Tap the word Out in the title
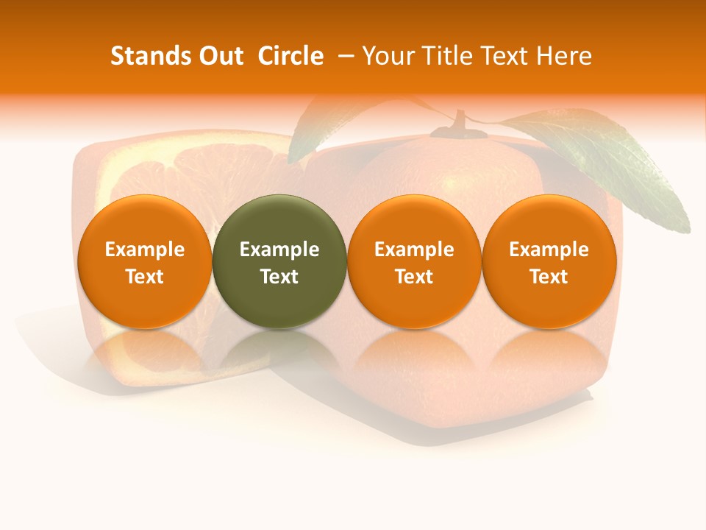pyautogui.click(x=219, y=56)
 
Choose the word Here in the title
pyautogui.click(x=563, y=56)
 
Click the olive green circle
pyautogui.click(x=279, y=261)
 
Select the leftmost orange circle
pyautogui.click(x=144, y=261)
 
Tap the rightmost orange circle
pyautogui.click(x=549, y=261)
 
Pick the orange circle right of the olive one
pyautogui.click(x=414, y=261)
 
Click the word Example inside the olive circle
pyautogui.click(x=279, y=250)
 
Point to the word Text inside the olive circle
pyautogui.click(x=279, y=277)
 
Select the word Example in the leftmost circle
pyautogui.click(x=145, y=250)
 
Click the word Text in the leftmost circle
pyautogui.click(x=145, y=277)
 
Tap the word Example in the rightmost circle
pyautogui.click(x=549, y=250)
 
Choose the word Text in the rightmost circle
pyautogui.click(x=549, y=277)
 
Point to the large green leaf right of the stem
pyautogui.click(x=610, y=162)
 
